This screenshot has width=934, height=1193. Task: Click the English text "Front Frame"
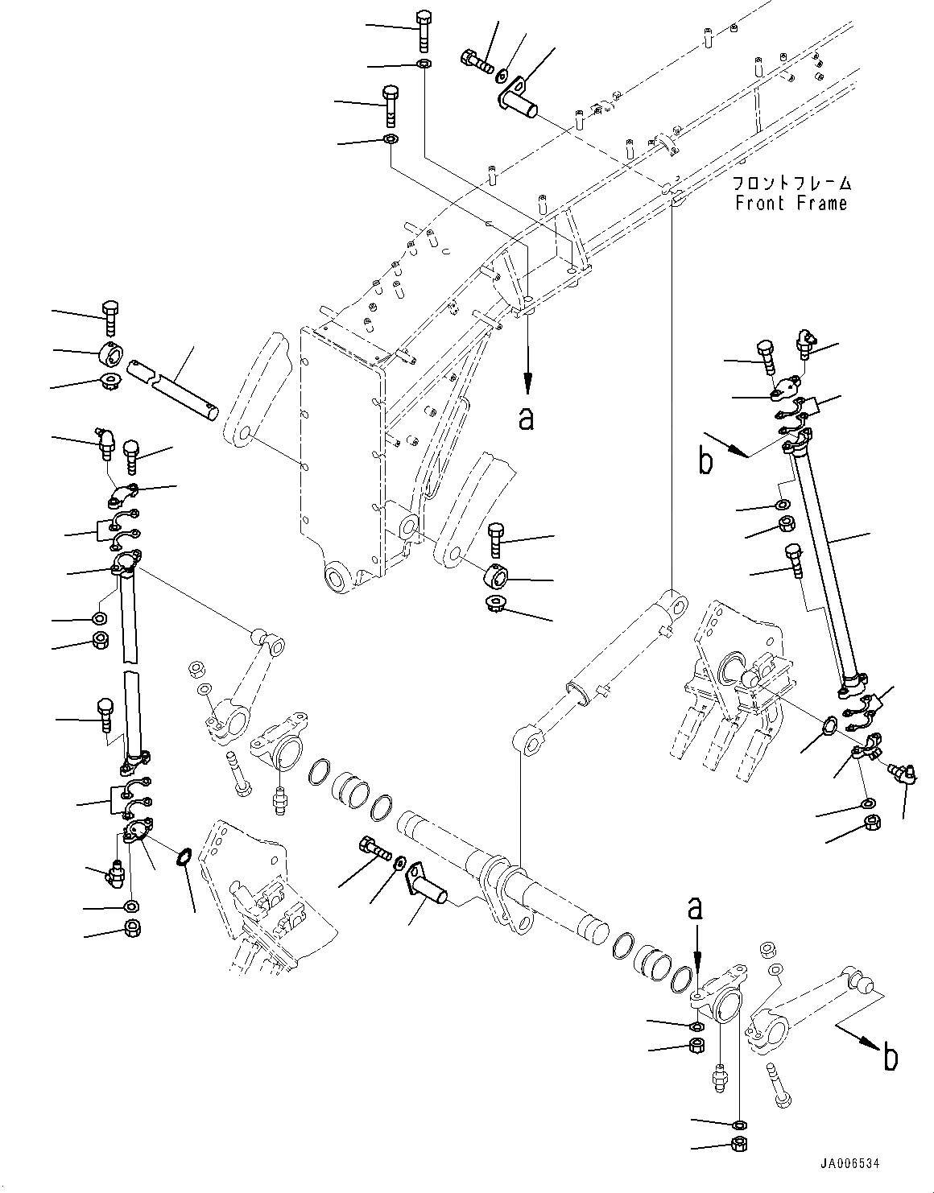click(791, 203)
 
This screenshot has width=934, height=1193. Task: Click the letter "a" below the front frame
click(527, 419)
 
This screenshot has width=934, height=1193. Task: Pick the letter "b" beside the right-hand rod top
click(706, 463)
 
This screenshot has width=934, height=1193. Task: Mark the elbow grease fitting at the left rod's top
click(105, 442)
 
